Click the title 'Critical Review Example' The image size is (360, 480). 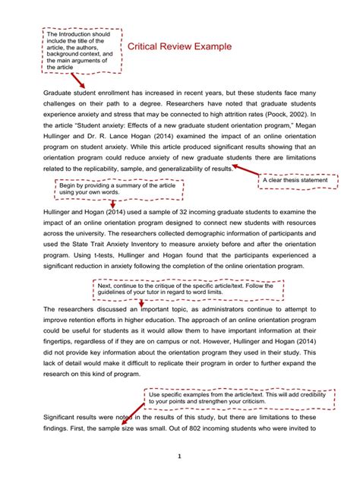coord(179,47)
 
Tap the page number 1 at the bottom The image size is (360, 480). coord(180,456)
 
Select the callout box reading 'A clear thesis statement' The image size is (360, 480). coord(296,179)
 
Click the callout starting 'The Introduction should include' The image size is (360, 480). coord(79,51)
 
